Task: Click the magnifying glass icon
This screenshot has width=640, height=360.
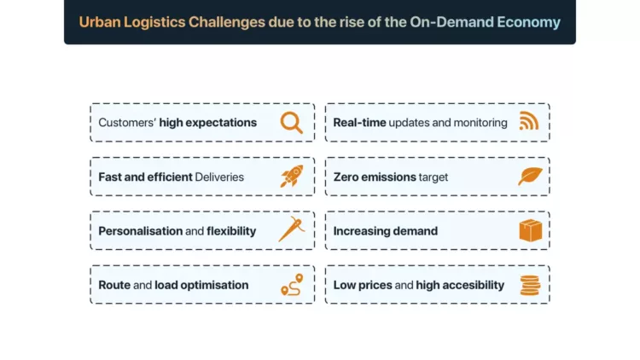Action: click(292, 123)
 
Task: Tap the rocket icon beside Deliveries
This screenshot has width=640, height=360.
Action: click(292, 177)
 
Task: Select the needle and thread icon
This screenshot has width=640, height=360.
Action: click(292, 230)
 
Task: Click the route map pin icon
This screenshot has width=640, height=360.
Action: click(292, 285)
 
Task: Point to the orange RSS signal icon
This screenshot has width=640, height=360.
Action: click(529, 122)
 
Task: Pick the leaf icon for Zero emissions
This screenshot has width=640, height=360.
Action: click(530, 177)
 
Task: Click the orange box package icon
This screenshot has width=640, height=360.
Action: click(530, 230)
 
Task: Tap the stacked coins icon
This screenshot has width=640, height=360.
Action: click(530, 285)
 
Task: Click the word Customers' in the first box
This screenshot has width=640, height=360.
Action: click(127, 123)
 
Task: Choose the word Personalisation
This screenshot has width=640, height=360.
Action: click(140, 231)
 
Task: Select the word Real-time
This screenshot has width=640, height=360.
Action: click(359, 123)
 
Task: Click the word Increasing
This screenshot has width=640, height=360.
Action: click(361, 231)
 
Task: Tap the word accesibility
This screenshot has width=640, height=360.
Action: click(472, 285)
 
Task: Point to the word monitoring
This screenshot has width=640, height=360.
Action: click(480, 123)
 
